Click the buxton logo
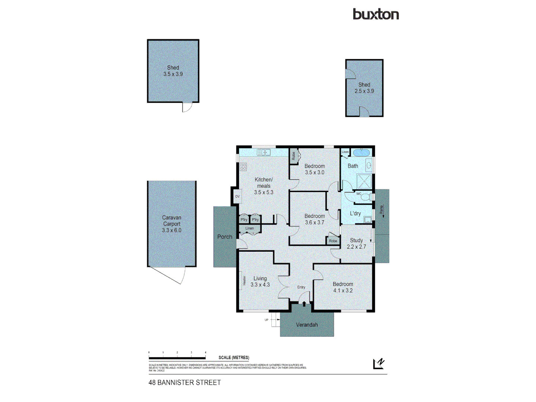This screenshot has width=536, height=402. coord(376,14)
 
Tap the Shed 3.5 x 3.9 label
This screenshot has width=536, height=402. coord(173,71)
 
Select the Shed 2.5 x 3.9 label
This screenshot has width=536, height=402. coord(364,88)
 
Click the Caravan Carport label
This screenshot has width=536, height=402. coord(172,224)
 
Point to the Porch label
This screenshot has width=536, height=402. coord(224,237)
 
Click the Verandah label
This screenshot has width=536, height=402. coord(307,325)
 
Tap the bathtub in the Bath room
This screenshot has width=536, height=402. coord(361,153)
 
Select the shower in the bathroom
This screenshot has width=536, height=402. coord(364,181)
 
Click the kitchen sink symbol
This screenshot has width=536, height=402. coord(264,152)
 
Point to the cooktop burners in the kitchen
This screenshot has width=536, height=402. coord(243,167)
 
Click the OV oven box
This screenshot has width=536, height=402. coord(237,196)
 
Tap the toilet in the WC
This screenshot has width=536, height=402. coord(366,197)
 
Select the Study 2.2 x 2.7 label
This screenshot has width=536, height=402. coord(356,243)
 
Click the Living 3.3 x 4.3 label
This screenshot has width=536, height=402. coord(260,281)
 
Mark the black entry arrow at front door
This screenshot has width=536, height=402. coord(304,304)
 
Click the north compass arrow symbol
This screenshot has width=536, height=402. coord(379,363)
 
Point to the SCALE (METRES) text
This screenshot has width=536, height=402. coord(234,357)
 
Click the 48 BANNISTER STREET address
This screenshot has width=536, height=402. coord(185,382)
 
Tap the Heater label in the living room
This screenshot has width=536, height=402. coord(244,280)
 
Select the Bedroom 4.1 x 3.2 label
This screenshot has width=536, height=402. coord(343,287)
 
